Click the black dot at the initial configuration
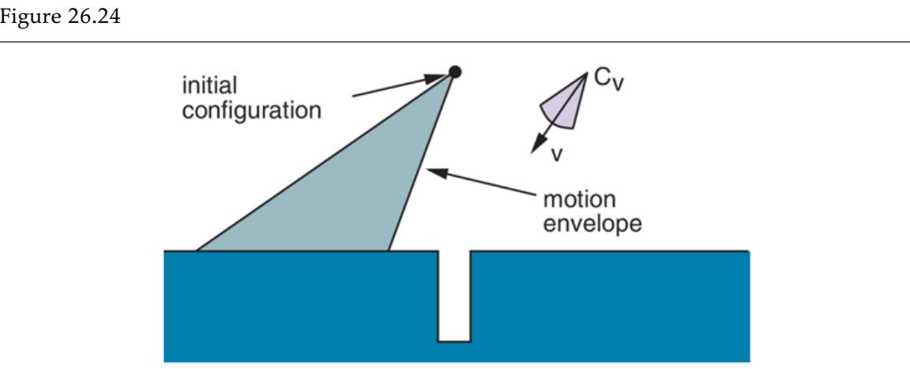[455, 72]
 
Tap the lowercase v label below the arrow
[556, 153]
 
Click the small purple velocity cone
[563, 105]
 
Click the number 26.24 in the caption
[89, 17]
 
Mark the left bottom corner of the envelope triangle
[197, 250]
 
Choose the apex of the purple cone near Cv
[586, 73]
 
